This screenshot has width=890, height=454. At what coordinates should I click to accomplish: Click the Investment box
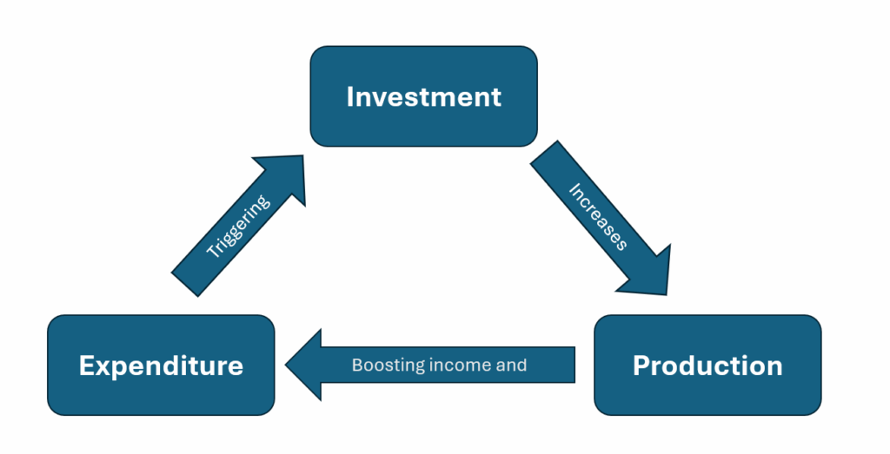423,95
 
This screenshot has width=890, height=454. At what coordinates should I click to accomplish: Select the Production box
707,365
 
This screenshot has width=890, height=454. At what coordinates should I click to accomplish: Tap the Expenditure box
161,365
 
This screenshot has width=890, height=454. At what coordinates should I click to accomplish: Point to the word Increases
598,216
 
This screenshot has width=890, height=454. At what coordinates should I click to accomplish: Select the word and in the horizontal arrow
511,365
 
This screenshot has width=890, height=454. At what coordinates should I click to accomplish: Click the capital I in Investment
349,96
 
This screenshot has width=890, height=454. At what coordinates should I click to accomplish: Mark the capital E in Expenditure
86,365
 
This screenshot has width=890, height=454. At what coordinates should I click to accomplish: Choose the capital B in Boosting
356,365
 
